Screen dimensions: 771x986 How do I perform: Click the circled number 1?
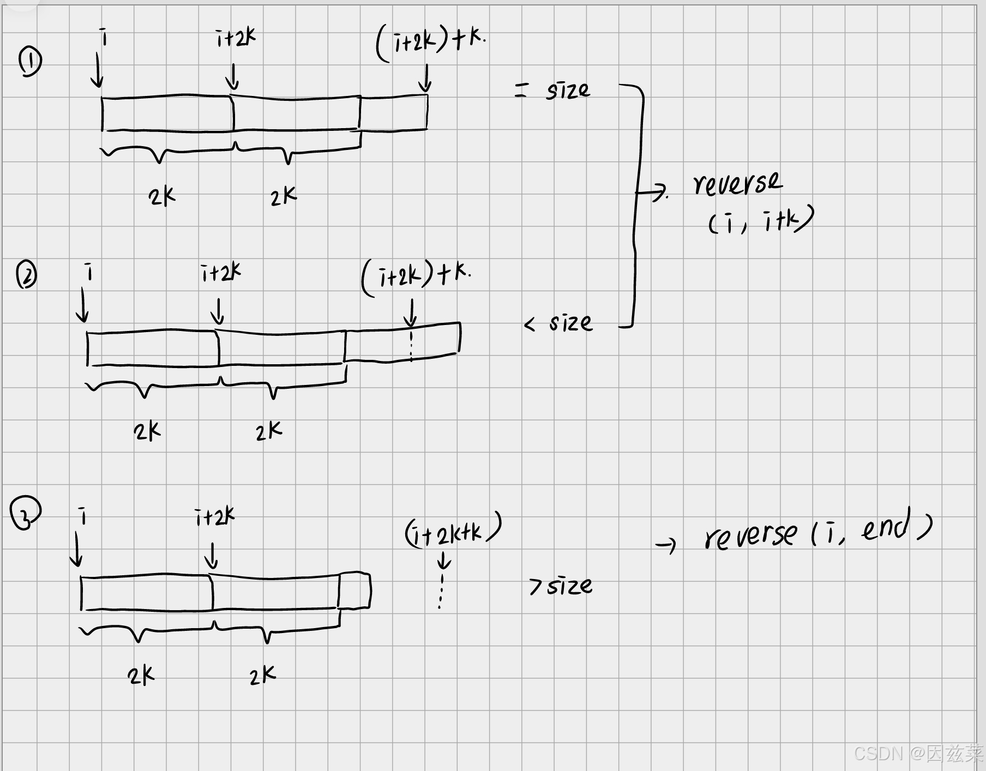tap(30, 61)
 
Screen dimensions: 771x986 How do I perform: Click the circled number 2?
tap(26, 274)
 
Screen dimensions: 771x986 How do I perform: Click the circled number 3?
tap(25, 513)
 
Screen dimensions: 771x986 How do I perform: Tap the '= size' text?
tap(552, 90)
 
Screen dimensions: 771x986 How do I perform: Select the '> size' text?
tap(561, 586)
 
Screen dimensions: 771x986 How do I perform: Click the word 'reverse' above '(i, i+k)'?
tap(737, 184)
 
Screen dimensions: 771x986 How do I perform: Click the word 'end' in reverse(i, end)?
tap(886, 527)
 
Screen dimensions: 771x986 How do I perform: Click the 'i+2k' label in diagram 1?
tap(236, 38)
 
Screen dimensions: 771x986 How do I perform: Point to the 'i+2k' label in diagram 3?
tap(215, 516)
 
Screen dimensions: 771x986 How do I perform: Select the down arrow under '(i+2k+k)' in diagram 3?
tap(444, 561)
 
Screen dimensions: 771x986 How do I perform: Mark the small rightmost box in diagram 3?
tap(354, 590)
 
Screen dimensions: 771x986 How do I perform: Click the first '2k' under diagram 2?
tap(147, 431)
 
